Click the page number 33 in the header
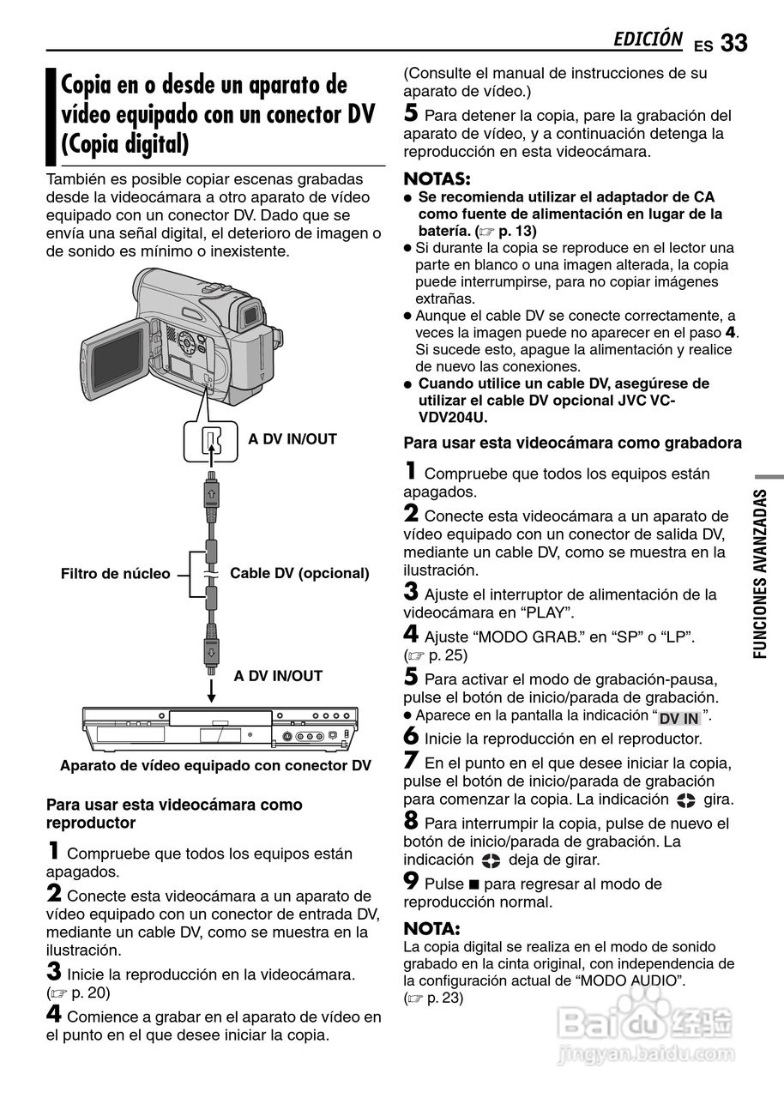(x=734, y=44)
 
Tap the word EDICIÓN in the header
(x=648, y=39)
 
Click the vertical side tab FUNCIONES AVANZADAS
(x=760, y=574)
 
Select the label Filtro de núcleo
(x=115, y=574)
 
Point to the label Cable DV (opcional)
(x=299, y=573)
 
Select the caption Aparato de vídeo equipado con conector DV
(x=215, y=766)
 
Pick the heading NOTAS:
(x=437, y=179)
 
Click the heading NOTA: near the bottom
(x=432, y=928)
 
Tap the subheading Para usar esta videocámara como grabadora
(x=572, y=443)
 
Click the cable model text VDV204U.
(x=452, y=418)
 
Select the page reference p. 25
(x=447, y=655)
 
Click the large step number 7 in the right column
(x=411, y=760)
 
